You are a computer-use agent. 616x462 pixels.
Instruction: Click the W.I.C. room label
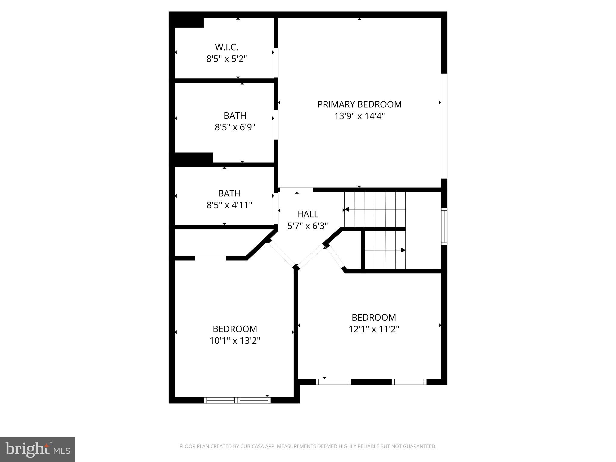pos(226,47)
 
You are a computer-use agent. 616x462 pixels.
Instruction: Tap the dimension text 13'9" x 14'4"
pos(359,116)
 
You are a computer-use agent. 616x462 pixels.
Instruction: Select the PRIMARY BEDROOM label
pos(359,104)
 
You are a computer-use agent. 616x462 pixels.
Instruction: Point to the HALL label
pos(307,214)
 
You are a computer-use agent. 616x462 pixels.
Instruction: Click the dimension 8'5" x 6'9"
pos(235,127)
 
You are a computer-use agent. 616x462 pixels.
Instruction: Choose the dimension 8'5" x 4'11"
pos(229,205)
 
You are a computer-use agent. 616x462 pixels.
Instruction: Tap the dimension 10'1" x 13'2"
pos(235,341)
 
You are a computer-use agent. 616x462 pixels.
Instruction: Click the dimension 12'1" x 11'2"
pos(374,329)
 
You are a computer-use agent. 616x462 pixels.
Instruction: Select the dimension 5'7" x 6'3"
pos(307,226)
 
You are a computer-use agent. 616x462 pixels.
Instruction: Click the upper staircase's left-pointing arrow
pos(347,209)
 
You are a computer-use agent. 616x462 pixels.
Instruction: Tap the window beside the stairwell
pos(444,226)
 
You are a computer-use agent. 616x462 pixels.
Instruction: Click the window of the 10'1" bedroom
pos(237,400)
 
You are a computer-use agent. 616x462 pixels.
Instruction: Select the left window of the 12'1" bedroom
pos(333,382)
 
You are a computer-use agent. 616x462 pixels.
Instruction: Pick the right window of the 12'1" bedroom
pos(409,382)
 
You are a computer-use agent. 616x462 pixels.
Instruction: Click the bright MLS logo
pos(38,449)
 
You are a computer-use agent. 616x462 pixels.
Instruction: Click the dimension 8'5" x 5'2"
pos(226,59)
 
